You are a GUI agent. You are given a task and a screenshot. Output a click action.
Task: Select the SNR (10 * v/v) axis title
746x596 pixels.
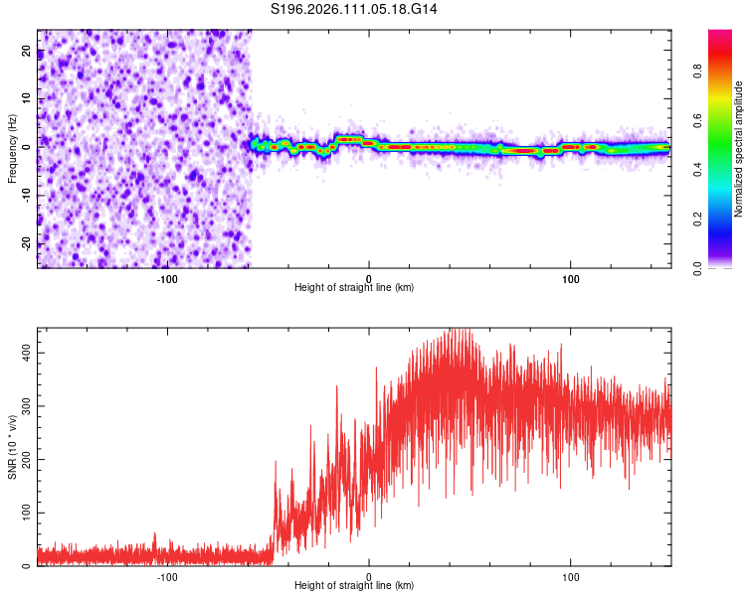(x=12, y=446)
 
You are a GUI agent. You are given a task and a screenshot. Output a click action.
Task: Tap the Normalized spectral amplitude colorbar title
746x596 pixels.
(x=738, y=149)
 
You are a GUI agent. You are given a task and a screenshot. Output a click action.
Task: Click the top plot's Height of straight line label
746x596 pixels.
(x=354, y=287)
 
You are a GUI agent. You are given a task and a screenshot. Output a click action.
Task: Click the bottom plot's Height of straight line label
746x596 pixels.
(x=354, y=585)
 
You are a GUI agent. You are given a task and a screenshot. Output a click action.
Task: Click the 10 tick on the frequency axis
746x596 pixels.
(x=27, y=99)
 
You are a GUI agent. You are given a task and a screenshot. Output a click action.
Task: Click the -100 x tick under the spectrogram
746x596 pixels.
(x=167, y=277)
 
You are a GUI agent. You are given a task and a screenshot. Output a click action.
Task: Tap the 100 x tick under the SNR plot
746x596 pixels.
(x=571, y=575)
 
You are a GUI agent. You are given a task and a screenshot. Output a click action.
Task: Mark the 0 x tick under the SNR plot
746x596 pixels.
(x=369, y=575)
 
